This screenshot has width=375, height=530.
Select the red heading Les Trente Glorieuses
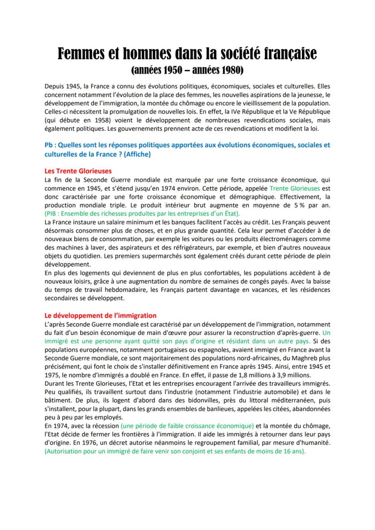click(78, 171)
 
